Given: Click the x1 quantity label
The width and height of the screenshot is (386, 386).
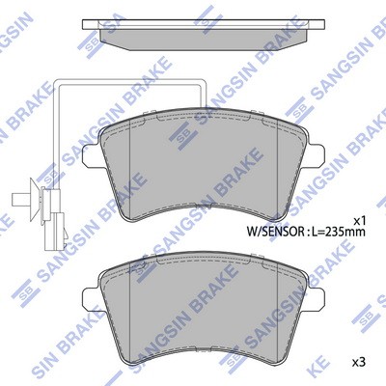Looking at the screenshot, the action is click(x=359, y=221).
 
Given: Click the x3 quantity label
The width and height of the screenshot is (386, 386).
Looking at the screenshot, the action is click(x=359, y=363).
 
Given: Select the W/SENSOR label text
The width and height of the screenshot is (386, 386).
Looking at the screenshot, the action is click(x=274, y=232).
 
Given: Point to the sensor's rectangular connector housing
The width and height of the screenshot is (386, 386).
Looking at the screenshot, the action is click(x=55, y=231).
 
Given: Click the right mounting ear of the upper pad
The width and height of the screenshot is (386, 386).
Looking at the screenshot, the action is click(x=316, y=156).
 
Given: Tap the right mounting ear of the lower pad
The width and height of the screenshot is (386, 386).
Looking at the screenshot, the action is click(x=316, y=299).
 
